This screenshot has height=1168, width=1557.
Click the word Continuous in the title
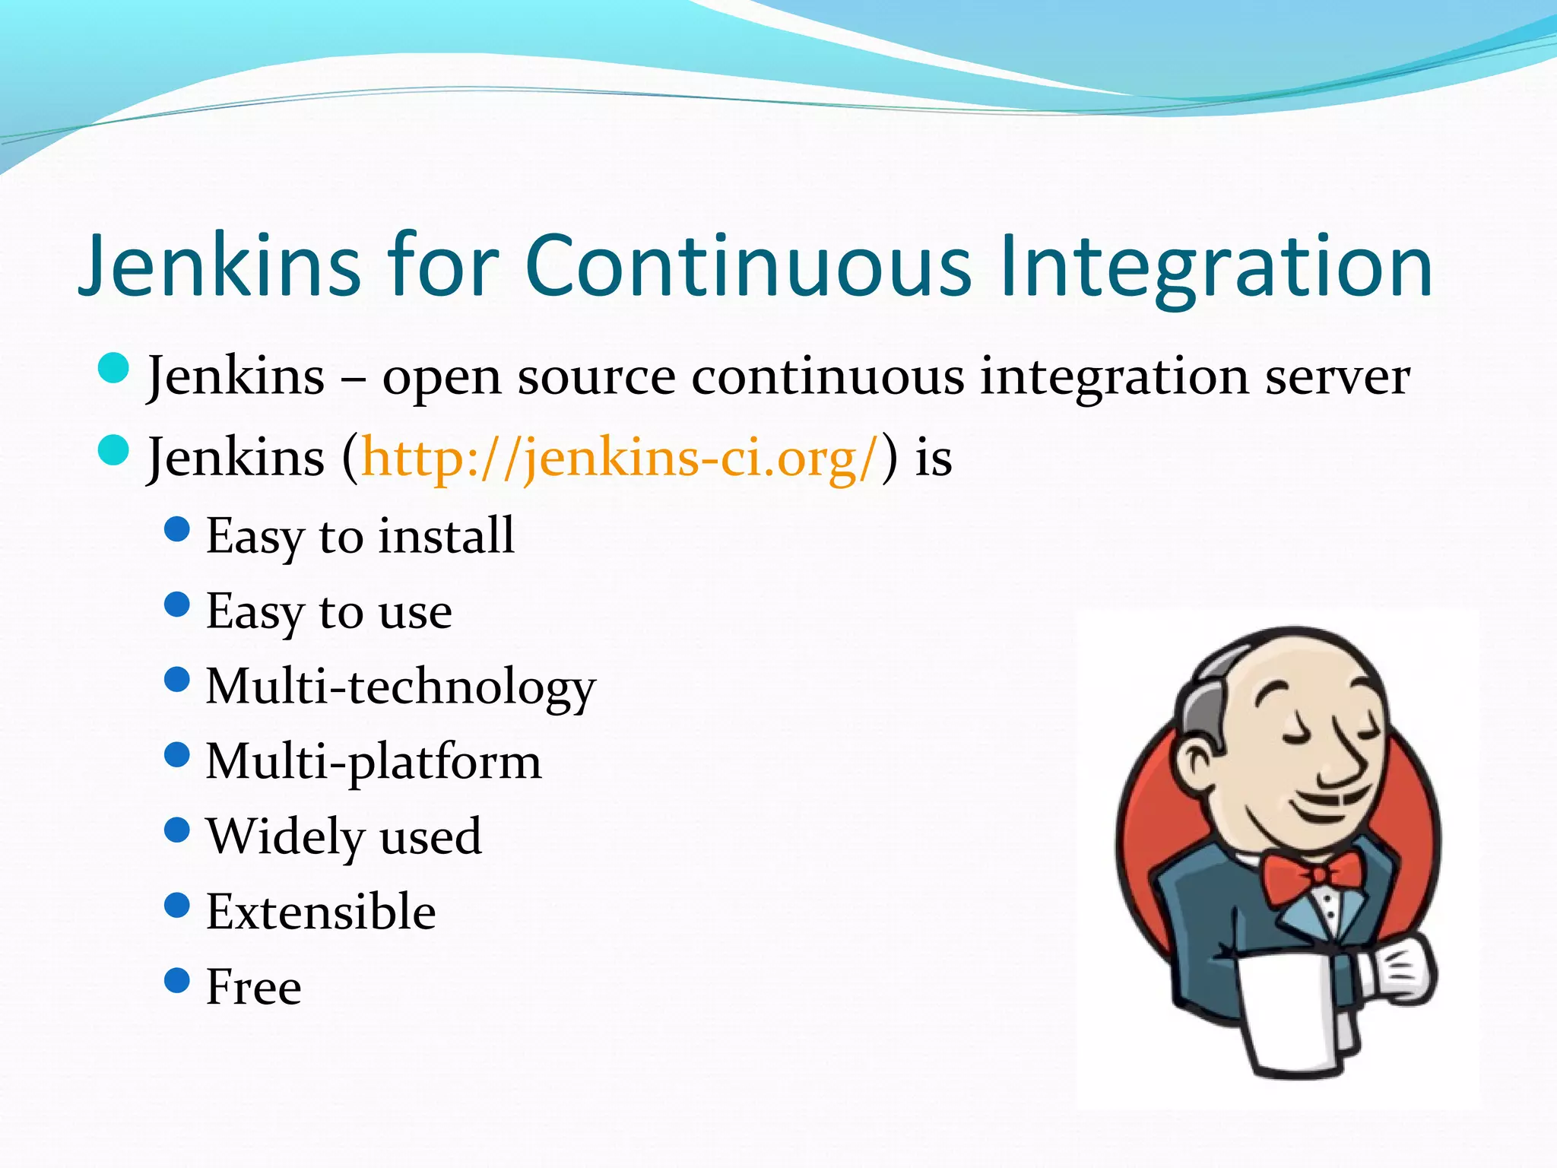tap(748, 266)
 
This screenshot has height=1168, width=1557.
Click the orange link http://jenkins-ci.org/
tap(620, 459)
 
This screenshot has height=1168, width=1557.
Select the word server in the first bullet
tap(1337, 377)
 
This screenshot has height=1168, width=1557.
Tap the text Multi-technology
tap(401, 687)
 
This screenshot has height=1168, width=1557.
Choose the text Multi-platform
tap(373, 762)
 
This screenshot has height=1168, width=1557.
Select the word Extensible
tap(321, 912)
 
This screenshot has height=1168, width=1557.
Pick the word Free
tap(254, 987)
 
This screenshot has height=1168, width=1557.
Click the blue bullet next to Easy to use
tap(176, 605)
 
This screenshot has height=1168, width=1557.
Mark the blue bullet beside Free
tap(176, 980)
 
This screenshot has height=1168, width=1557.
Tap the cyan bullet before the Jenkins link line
tap(114, 449)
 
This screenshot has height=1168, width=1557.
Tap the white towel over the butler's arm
tap(1292, 1011)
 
